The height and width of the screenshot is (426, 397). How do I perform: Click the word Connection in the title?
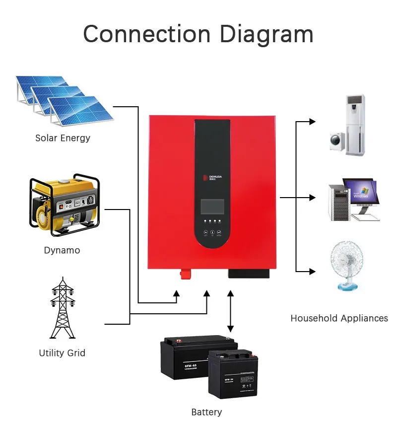(147, 34)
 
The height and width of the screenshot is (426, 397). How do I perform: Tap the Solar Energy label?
(63, 138)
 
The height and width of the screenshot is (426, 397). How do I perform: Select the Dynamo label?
(62, 250)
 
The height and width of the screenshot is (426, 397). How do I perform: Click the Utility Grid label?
(62, 353)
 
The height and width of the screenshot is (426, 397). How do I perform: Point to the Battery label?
(206, 412)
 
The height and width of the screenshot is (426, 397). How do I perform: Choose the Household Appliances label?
(339, 318)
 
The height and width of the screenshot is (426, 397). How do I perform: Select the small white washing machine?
(339, 141)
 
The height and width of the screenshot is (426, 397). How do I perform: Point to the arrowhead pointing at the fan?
(312, 271)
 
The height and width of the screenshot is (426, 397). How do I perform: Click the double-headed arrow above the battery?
(230, 311)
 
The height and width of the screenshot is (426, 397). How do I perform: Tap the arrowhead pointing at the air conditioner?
(312, 121)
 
